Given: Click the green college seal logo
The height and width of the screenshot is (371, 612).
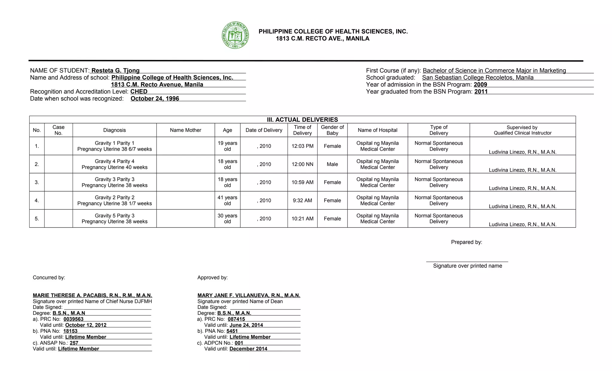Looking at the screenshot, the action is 235,35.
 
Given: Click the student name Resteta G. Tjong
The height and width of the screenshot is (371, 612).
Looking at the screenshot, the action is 115,70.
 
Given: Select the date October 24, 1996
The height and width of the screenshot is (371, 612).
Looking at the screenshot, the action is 155,98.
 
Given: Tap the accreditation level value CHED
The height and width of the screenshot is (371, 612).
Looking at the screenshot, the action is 139,92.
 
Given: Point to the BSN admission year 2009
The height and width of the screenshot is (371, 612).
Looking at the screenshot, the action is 480,84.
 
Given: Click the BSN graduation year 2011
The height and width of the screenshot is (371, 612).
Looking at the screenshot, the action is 481,92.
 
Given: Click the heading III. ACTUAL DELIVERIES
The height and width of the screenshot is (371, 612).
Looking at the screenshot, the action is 302,120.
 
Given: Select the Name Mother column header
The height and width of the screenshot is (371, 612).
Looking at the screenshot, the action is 186,130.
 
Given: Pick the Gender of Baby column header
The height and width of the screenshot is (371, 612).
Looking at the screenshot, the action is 332,130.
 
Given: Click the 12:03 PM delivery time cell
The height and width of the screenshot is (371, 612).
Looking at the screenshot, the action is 302,146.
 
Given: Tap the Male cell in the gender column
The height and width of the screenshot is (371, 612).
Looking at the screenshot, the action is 332,164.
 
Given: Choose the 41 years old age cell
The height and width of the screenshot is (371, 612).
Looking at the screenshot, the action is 227,200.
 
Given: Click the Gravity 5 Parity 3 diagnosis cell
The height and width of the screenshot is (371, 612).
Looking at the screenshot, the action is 114,218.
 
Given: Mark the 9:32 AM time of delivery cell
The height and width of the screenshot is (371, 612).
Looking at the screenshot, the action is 302,200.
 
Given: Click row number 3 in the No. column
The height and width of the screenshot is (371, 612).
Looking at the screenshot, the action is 37,182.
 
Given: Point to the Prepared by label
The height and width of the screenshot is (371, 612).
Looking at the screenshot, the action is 466,242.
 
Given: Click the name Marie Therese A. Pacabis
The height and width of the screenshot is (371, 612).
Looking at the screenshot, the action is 92,295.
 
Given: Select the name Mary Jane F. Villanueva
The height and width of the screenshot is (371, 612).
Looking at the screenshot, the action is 249,295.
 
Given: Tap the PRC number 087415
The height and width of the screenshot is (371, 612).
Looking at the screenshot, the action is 236,319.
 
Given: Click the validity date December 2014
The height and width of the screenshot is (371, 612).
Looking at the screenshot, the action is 248,349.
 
